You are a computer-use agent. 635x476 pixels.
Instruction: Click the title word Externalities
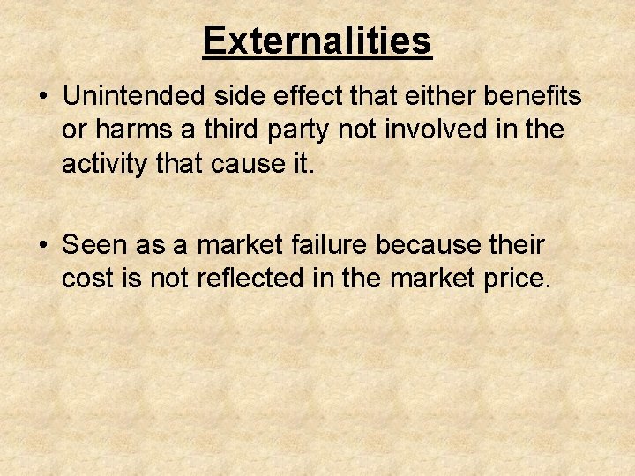pos(317,41)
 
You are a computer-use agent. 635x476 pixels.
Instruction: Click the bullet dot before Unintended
pos(44,95)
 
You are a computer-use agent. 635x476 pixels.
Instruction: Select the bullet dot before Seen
pos(44,243)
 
